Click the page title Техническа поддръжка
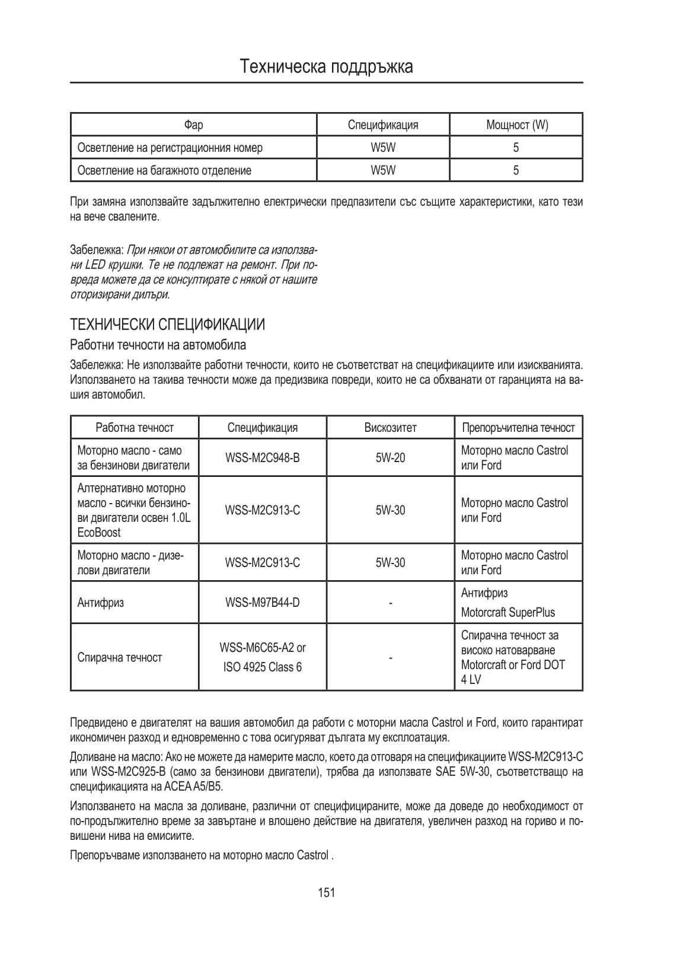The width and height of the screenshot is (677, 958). click(327, 66)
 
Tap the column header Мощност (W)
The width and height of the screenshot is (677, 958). click(516, 125)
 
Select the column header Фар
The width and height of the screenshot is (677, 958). click(193, 125)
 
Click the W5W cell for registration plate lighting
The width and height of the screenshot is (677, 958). click(383, 148)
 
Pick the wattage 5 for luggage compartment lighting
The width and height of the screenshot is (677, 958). click(516, 170)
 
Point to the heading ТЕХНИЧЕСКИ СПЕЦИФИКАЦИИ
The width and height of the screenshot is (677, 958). click(167, 324)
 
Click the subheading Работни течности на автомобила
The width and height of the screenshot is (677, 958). click(158, 345)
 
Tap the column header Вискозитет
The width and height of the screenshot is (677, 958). click(390, 428)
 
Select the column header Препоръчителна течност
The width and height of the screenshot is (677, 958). click(518, 428)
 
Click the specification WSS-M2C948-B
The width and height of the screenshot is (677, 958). click(262, 458)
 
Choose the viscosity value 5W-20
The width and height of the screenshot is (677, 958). click(390, 458)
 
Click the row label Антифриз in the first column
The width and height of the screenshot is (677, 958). click(101, 603)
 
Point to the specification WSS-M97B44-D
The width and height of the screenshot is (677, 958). click(262, 603)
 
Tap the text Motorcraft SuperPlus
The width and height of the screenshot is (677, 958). click(508, 613)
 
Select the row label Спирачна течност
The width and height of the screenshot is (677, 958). click(120, 657)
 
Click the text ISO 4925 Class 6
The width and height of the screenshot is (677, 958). click(262, 667)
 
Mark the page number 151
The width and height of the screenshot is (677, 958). click(326, 892)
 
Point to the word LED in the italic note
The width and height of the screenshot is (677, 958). click(95, 265)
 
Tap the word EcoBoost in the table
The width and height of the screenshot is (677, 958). click(99, 532)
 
